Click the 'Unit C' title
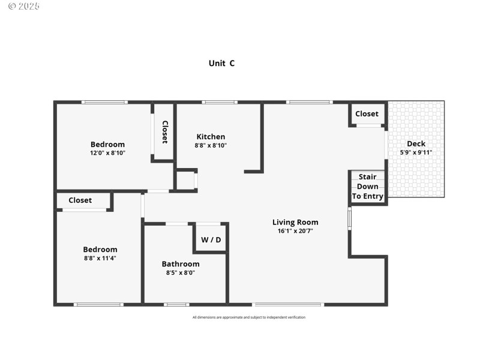click(221, 63)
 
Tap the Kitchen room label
click(211, 137)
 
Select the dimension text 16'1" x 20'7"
click(295, 230)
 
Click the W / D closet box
click(211, 239)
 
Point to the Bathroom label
click(181, 264)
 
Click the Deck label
click(416, 143)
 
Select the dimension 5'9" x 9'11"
click(416, 152)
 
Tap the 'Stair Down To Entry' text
click(367, 187)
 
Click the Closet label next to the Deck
click(367, 113)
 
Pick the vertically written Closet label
click(164, 131)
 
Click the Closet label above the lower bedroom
click(80, 200)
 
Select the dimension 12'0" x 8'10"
click(107, 152)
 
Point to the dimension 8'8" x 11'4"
click(100, 258)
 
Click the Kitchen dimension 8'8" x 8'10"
click(211, 145)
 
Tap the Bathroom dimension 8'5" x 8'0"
click(181, 272)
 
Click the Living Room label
click(295, 222)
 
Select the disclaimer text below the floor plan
click(248, 317)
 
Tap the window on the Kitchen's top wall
click(220, 102)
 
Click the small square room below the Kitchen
click(185, 181)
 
